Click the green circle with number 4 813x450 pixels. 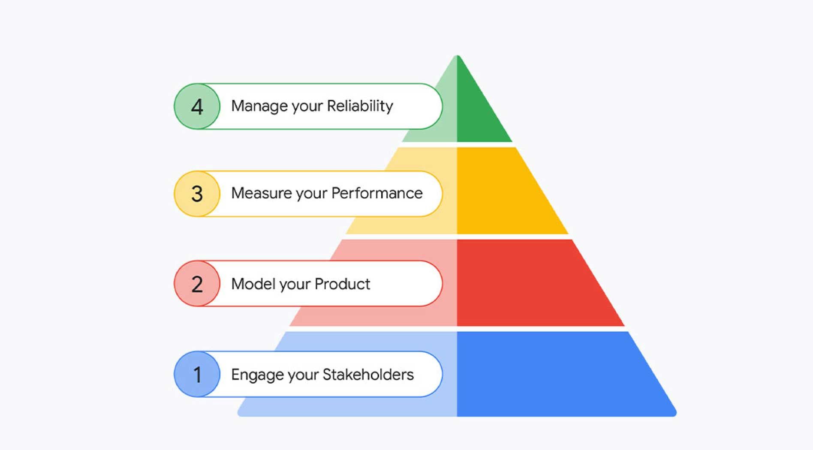pyautogui.click(x=197, y=106)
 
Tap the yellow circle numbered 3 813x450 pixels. pyautogui.click(x=197, y=194)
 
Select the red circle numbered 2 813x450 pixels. pyautogui.click(x=197, y=284)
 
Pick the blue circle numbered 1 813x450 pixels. pyautogui.click(x=197, y=374)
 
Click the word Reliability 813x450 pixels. pyautogui.click(x=360, y=106)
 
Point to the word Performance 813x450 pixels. pyautogui.click(x=377, y=193)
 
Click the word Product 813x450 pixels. pyautogui.click(x=342, y=284)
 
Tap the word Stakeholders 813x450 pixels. pyautogui.click(x=368, y=374)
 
